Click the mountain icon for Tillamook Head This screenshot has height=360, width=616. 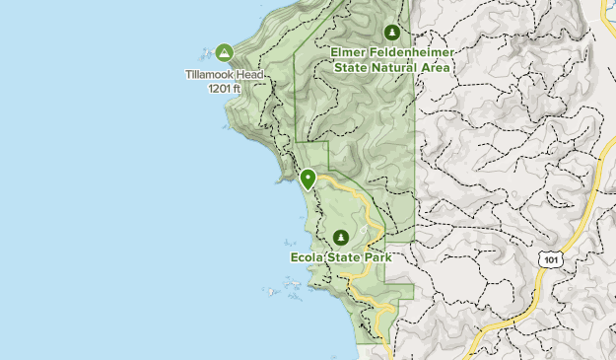tap(224, 52)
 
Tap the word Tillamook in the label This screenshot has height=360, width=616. tap(210, 74)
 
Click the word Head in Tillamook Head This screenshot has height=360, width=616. tap(250, 74)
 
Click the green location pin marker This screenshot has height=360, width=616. tap(308, 179)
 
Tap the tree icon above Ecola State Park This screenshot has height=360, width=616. tap(341, 238)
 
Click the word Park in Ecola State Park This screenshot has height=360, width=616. tap(377, 257)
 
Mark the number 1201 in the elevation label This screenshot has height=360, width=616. tap(219, 88)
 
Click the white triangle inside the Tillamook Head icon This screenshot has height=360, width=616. tap(224, 52)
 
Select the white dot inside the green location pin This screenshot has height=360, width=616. tap(308, 178)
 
